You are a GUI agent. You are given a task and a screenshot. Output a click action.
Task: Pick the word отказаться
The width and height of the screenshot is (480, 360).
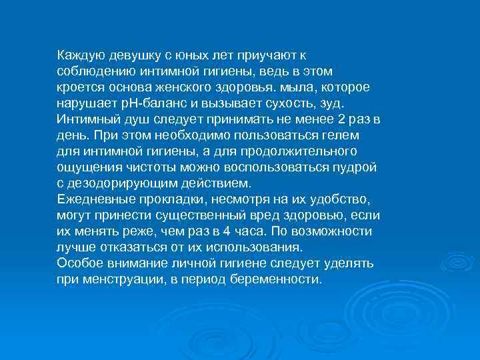(x=121, y=247)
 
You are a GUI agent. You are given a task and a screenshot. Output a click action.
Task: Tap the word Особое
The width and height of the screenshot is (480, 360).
(x=77, y=263)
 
